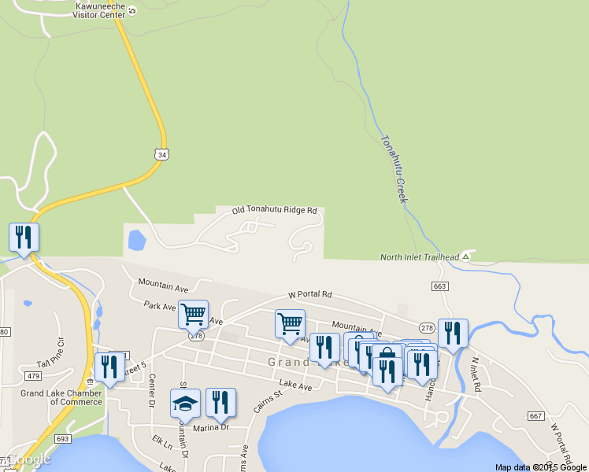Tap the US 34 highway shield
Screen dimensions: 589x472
tap(161, 155)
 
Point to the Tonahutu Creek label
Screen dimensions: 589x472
tap(394, 169)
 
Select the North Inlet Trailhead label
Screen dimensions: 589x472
tap(419, 257)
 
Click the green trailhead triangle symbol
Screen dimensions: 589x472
tap(466, 256)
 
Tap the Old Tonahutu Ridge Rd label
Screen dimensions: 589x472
tap(274, 211)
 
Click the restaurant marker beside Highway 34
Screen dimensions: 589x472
tap(24, 238)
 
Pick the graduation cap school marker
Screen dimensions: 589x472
tap(185, 404)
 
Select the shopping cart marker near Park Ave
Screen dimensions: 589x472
tap(193, 315)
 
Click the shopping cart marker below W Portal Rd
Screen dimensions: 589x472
tap(290, 323)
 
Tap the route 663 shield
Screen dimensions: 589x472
tap(439, 286)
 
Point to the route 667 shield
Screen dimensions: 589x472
tap(536, 415)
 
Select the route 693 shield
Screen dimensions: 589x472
tap(63, 438)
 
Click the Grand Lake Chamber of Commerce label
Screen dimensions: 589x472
tap(61, 397)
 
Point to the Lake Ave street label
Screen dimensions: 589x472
tap(295, 386)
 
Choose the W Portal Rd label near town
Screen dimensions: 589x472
tap(310, 294)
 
